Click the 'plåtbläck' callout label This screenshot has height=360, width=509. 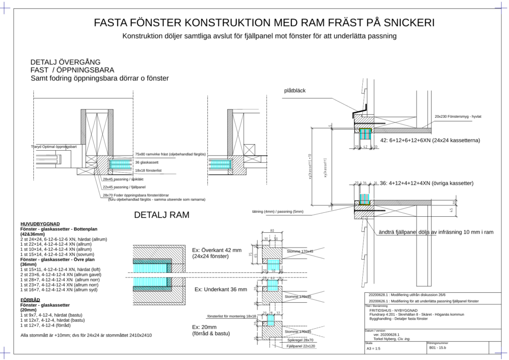pyautogui.click(x=295, y=90)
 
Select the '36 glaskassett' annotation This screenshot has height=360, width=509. pyautogui.click(x=148, y=163)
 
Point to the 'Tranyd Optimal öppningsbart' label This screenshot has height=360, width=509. pyautogui.click(x=53, y=147)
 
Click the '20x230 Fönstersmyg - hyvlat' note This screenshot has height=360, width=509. pyautogui.click(x=458, y=116)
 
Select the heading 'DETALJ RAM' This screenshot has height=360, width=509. pyautogui.click(x=164, y=215)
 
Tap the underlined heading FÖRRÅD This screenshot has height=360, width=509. pyautogui.click(x=30, y=300)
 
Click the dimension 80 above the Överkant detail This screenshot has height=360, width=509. pyautogui.click(x=272, y=231)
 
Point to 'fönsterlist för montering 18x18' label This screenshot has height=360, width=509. pyautogui.click(x=231, y=316)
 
